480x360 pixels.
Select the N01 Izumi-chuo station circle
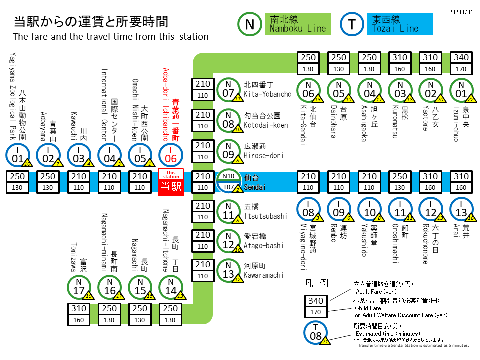pos(462,90)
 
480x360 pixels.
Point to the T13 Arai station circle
pos(462,209)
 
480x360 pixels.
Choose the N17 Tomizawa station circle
pos(79,287)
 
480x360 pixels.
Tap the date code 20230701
pos(461,11)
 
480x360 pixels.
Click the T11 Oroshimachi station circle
pos(400,209)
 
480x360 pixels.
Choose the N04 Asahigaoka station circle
pos(370,90)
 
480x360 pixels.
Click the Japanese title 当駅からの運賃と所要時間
pos(91,22)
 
